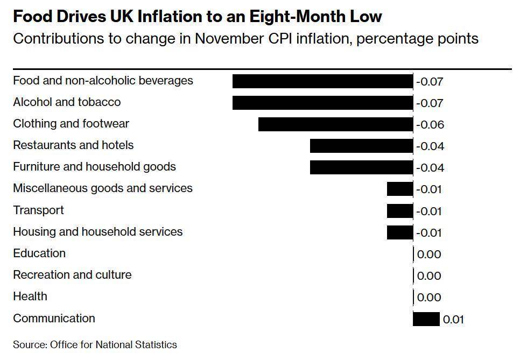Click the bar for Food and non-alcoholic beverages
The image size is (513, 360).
(322, 81)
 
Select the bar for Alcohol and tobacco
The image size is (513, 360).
(322, 103)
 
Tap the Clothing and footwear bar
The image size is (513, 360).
(335, 124)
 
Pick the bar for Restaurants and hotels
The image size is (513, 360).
(361, 146)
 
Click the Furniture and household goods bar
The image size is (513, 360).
(361, 167)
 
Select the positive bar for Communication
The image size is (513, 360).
(426, 319)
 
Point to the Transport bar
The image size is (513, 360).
(400, 211)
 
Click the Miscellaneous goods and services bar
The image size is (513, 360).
(400, 189)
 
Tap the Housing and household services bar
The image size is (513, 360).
(400, 232)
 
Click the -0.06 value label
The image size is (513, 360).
(430, 125)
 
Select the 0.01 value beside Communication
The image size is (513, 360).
(453, 320)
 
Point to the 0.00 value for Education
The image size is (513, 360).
(429, 255)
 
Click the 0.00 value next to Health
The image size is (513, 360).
(429, 298)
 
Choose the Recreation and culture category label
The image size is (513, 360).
(72, 275)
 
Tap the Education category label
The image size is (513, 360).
(39, 253)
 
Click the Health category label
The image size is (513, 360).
(30, 297)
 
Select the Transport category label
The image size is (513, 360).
(38, 210)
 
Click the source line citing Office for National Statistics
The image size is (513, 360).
(95, 344)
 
